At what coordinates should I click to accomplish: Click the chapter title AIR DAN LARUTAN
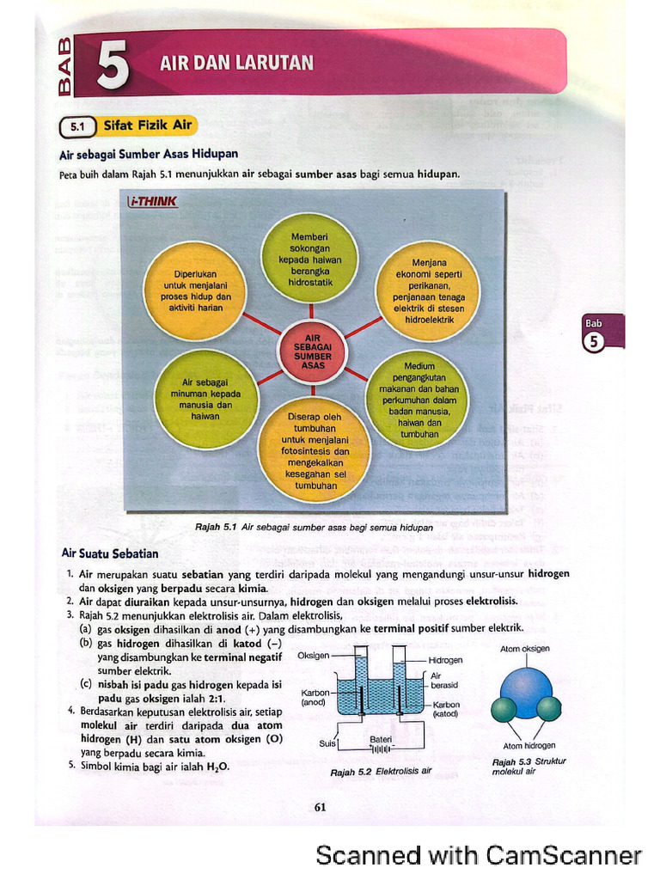pos(236,63)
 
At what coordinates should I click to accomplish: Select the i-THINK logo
pos(152,202)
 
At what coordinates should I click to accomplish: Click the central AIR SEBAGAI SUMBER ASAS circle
pos(312,352)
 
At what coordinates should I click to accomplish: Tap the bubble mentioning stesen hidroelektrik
pos(428,290)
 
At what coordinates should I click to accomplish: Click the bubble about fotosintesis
pos(315,450)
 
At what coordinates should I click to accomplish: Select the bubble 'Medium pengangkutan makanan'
pos(419,400)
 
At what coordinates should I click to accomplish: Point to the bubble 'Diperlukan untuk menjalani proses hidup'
pos(194,290)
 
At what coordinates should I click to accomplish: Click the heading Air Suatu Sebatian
pos(109,553)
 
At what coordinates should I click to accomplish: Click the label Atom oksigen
pos(524,650)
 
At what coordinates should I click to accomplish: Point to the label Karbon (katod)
pos(445,709)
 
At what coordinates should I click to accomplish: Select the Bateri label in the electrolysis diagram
pos(381,739)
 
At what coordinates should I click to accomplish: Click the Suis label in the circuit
pos(327,743)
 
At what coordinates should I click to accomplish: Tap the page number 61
pos(321,807)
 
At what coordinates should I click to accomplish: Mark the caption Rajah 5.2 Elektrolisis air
pos(381,772)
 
